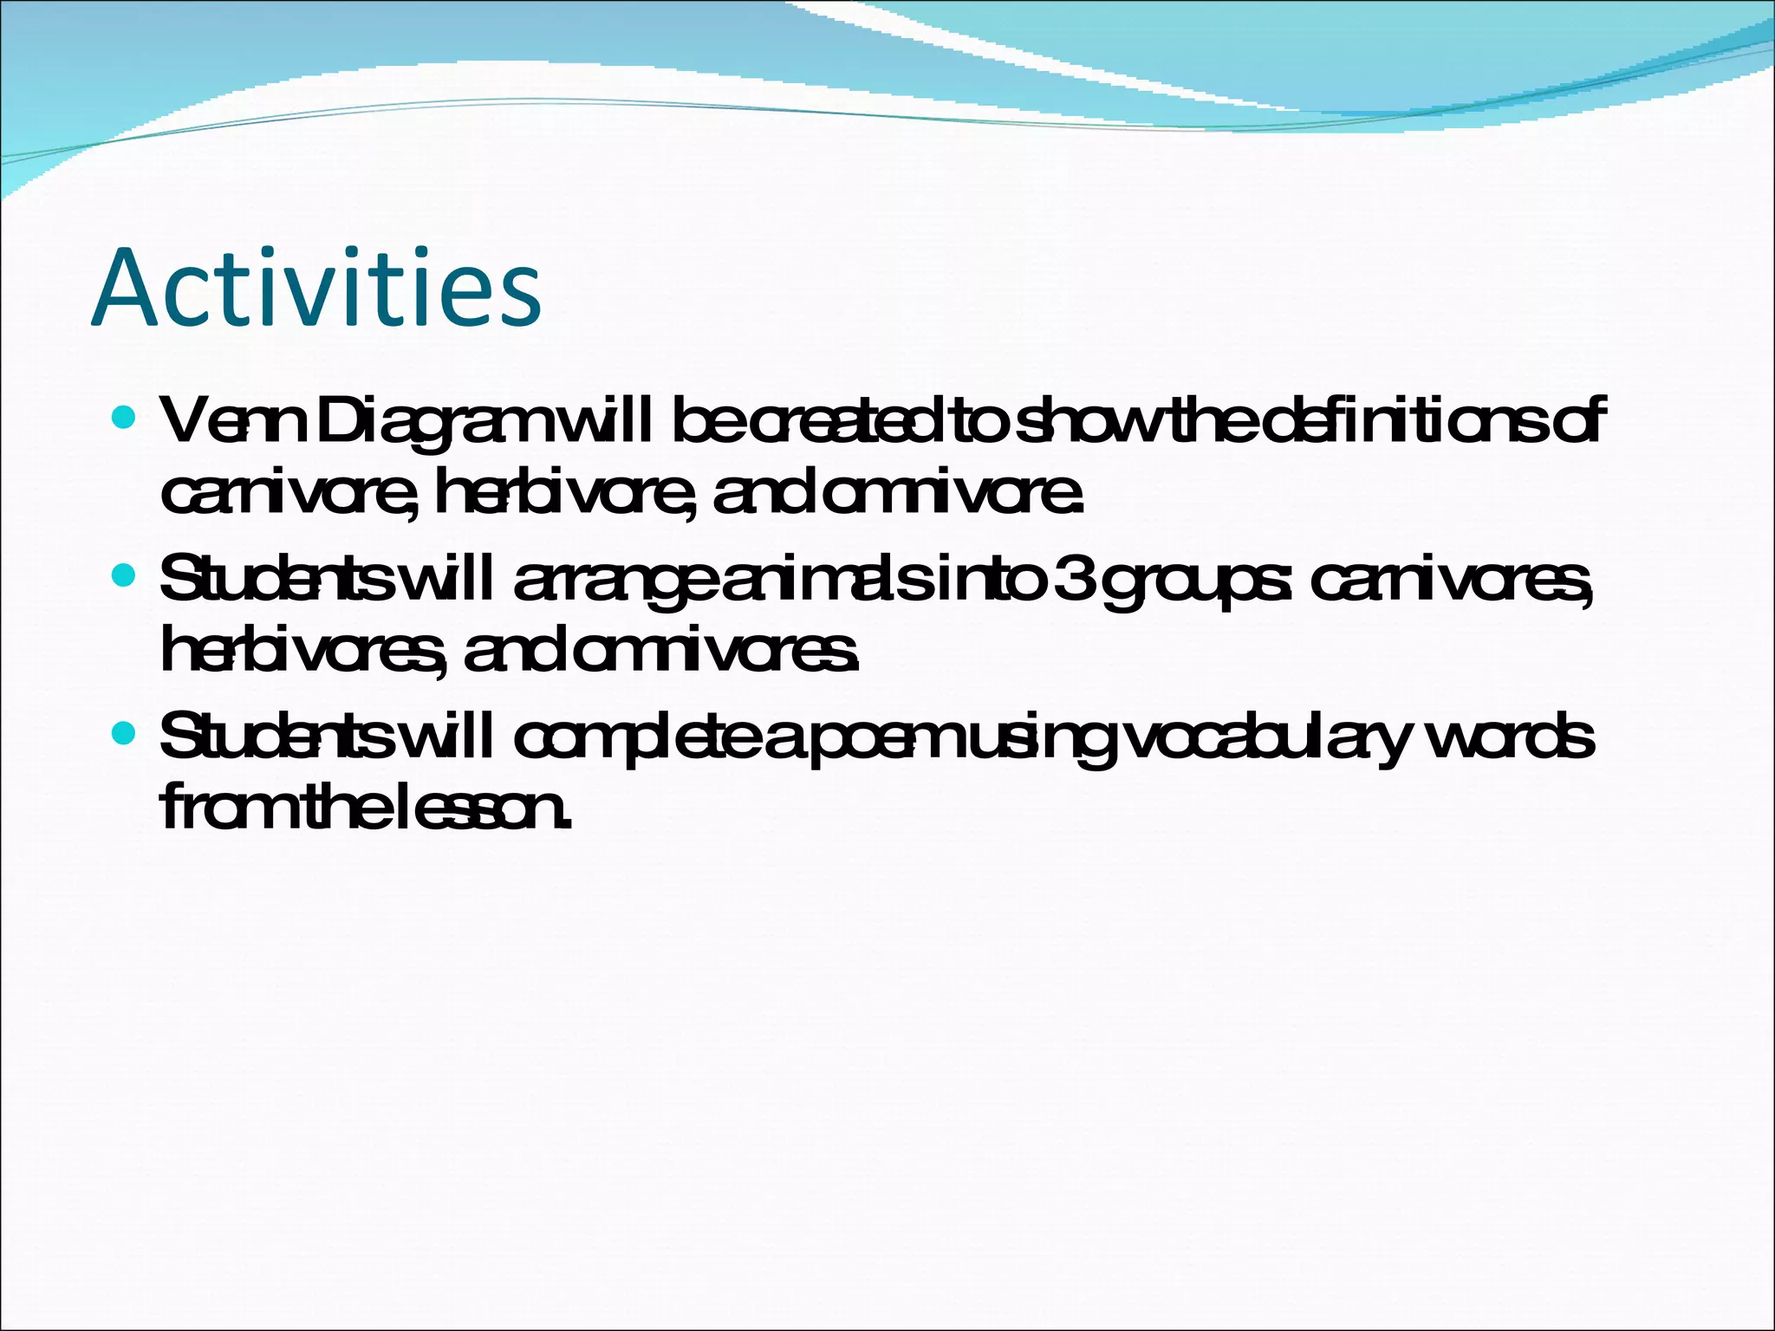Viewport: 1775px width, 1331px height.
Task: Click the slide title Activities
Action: tap(316, 289)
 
